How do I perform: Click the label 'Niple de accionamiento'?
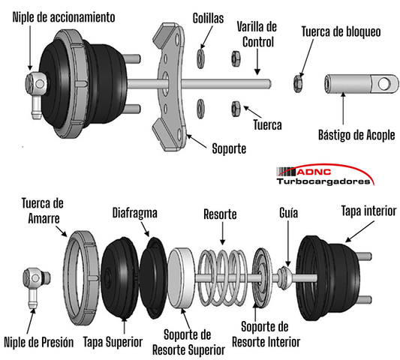coord(64,17)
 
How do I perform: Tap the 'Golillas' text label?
coord(208,18)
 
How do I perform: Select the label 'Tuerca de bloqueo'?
coord(341,31)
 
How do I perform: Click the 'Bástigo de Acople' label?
coord(356,135)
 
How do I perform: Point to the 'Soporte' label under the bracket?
coord(229,148)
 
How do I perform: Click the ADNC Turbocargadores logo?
coord(325,175)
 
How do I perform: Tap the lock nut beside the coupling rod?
coord(298,83)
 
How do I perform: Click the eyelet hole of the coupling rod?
coord(385,84)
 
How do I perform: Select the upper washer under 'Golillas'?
coord(200,59)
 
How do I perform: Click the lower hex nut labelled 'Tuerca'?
coord(236,109)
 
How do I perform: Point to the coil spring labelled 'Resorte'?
coord(223,277)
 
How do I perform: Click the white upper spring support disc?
coord(181,278)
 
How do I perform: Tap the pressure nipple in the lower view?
coord(36,286)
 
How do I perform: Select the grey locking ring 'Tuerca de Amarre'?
coord(81,278)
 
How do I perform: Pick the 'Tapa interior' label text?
coord(369,211)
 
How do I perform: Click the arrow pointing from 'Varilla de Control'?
coord(257,62)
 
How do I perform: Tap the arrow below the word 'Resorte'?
coord(222,233)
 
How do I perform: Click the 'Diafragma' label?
coord(134,213)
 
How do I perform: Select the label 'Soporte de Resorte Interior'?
coord(266,334)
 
